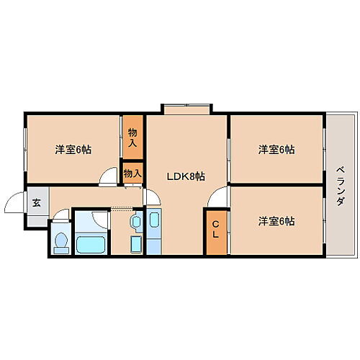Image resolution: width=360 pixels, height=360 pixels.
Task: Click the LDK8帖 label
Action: click(186, 176)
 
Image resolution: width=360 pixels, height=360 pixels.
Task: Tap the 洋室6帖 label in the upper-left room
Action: click(73, 150)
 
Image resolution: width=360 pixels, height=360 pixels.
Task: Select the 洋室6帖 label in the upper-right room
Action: click(277, 150)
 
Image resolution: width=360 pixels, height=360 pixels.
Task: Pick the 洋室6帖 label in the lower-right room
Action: click(277, 221)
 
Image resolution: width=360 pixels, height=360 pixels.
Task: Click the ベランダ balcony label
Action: click(339, 186)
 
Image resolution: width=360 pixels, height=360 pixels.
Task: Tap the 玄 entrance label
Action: click(36, 202)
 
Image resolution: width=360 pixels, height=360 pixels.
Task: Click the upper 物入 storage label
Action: click(132, 137)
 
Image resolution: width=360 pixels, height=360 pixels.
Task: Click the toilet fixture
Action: click(61, 240)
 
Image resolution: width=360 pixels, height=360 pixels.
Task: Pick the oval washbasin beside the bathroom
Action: click(135, 222)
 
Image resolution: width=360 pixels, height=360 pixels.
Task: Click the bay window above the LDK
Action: click(186, 109)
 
